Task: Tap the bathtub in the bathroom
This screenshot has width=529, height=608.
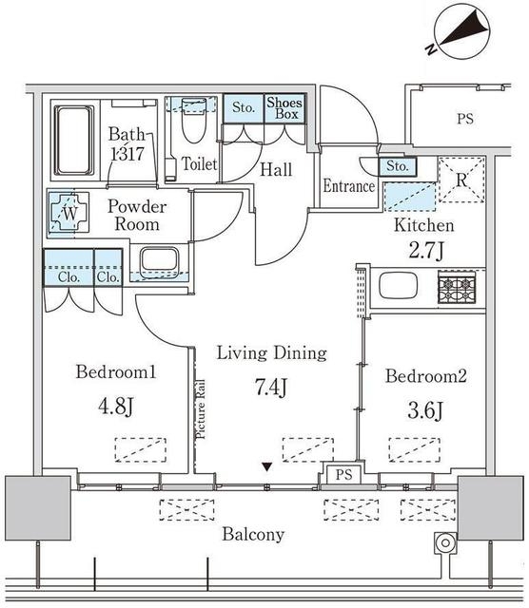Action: (x=74, y=141)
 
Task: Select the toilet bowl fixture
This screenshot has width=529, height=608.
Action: (x=193, y=121)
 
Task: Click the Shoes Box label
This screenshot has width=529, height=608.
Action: (x=284, y=108)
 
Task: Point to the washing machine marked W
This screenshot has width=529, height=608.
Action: (x=69, y=213)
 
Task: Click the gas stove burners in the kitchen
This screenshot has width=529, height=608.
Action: (x=457, y=287)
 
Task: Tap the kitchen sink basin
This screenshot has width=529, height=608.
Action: (x=398, y=286)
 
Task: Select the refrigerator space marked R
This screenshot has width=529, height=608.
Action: (x=461, y=180)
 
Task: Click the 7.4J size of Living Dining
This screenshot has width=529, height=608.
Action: (x=271, y=387)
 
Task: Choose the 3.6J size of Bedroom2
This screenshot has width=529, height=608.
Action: (x=425, y=410)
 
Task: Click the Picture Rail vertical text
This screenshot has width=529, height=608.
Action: (x=201, y=409)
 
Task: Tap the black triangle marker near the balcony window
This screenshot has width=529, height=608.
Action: (x=266, y=466)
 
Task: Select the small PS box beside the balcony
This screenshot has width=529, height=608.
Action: (x=344, y=474)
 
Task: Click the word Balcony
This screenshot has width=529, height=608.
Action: (x=253, y=535)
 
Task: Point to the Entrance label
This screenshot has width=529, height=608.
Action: (x=349, y=186)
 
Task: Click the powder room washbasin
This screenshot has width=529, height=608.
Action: (x=160, y=260)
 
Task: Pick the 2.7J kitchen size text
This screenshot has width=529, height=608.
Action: (x=425, y=251)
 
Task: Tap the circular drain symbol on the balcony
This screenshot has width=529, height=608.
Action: (x=445, y=543)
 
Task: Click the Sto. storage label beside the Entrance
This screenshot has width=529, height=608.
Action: (x=398, y=166)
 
